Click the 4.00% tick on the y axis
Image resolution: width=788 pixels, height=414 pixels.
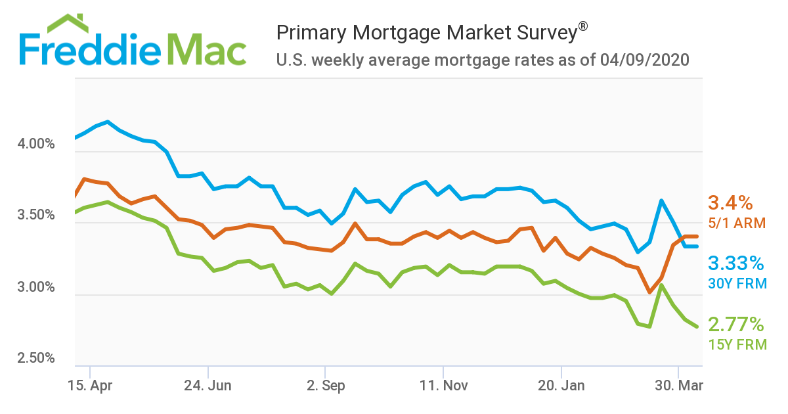(x=35, y=143)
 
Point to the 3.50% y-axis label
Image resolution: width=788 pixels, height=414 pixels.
(x=35, y=215)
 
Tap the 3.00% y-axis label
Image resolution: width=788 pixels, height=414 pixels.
(x=35, y=287)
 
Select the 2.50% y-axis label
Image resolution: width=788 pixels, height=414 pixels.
(x=35, y=359)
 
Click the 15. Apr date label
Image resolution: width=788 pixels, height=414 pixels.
(x=90, y=385)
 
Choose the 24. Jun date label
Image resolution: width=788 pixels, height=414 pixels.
(x=208, y=385)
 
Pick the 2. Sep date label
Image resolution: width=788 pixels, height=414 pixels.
(x=326, y=385)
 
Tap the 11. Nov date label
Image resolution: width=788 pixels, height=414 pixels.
(x=444, y=385)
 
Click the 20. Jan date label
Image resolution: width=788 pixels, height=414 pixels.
(x=561, y=385)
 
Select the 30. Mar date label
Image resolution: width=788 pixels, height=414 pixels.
(x=679, y=385)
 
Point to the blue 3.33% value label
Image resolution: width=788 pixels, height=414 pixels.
(x=736, y=264)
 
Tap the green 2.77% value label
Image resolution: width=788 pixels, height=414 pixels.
(x=736, y=324)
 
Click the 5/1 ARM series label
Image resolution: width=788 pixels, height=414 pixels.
(x=736, y=223)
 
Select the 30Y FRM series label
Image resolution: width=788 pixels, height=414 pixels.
(x=737, y=283)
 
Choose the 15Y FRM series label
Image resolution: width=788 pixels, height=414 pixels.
(x=737, y=344)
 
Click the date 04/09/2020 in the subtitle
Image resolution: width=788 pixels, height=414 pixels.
(x=644, y=60)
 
